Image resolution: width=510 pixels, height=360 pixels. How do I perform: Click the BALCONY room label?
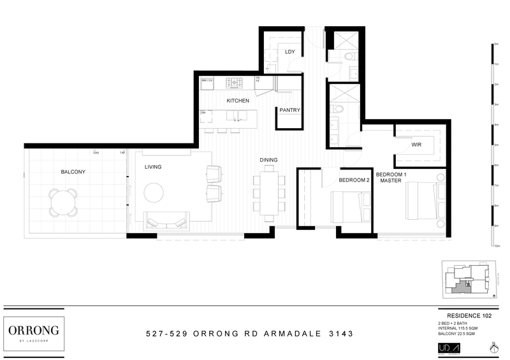click(73, 172)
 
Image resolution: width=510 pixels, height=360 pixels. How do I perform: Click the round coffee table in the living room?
click(155, 192)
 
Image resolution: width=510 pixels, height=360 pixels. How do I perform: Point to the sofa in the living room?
click(166, 221)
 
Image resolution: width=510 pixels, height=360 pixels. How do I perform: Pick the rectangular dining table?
click(268, 191)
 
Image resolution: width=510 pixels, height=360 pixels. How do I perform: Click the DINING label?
click(268, 160)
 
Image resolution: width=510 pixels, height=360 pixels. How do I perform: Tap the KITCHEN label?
click(238, 101)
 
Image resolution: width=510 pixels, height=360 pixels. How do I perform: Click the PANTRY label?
click(289, 110)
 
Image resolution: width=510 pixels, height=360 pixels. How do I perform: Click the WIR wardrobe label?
click(417, 145)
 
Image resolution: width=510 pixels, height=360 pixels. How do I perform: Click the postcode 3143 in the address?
click(335, 333)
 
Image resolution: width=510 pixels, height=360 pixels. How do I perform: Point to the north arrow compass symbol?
click(493, 348)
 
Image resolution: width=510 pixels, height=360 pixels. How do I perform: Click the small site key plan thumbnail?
click(469, 280)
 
